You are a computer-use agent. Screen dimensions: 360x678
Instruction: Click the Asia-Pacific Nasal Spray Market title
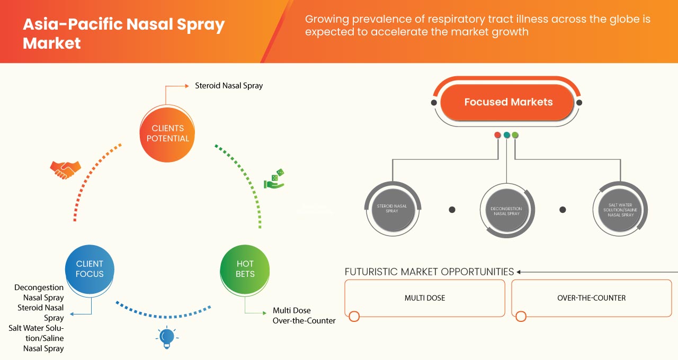pos(123,33)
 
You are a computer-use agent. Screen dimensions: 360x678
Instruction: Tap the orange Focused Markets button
pos(508,102)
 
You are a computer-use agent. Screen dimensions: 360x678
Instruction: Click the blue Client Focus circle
pos(90,269)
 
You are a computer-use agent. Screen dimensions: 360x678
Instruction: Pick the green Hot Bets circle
pos(245,269)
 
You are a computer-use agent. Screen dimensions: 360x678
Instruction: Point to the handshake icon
pos(65,169)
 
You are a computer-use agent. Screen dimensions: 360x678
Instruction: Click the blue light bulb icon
pos(167,337)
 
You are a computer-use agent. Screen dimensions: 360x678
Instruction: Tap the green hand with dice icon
pos(274,179)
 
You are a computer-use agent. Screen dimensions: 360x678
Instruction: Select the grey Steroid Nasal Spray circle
pos(392,208)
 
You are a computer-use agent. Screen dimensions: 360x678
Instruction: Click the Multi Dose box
pos(424,298)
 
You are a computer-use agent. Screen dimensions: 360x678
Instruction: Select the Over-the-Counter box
pos(591,298)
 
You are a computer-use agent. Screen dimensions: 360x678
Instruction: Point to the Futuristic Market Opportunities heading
pos(429,272)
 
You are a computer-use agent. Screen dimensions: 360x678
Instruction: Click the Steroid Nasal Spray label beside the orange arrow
pos(228,85)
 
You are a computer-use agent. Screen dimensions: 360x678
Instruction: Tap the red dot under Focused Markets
pos(497,135)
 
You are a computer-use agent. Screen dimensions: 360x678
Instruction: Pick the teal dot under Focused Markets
pos(507,135)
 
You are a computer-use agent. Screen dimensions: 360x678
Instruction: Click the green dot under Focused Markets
pos(515,135)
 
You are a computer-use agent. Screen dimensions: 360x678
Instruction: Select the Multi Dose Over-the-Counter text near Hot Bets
pos(304,316)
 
